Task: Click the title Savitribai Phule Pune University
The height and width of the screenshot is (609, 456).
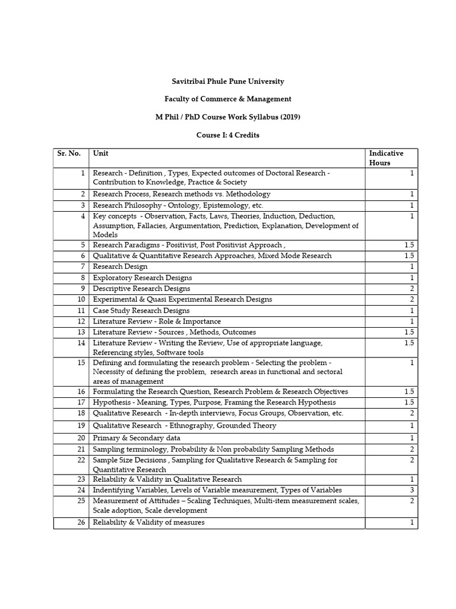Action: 227,81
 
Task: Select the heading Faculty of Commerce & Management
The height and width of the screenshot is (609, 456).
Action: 227,99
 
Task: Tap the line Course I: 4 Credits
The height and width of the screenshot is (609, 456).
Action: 227,135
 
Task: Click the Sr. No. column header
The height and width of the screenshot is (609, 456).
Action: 69,153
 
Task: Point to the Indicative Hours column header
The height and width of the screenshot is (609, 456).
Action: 386,158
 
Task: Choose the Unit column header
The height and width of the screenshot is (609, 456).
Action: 100,153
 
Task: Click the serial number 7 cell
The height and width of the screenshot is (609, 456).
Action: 83,266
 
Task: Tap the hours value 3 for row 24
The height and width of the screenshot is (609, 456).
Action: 412,490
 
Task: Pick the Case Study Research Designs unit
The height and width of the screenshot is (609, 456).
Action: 141,310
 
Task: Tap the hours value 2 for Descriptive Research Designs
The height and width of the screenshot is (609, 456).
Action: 412,288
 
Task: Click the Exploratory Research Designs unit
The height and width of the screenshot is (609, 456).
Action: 142,278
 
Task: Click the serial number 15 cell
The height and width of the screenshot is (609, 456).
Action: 81,362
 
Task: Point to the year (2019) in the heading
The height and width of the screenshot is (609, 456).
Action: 286,117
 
